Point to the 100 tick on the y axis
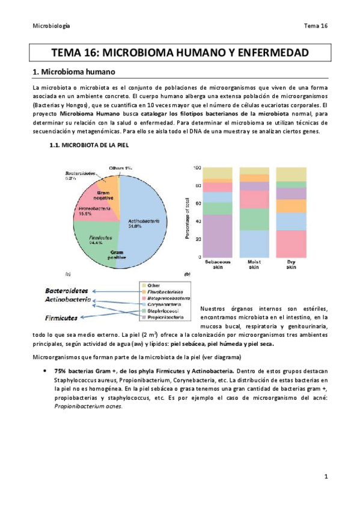(195, 168)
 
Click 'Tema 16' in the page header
(316, 26)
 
